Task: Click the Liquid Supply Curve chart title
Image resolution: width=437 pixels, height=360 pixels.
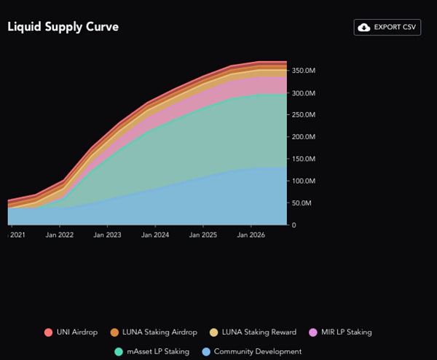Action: (x=63, y=27)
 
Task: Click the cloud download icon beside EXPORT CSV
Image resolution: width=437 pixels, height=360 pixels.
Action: (x=363, y=27)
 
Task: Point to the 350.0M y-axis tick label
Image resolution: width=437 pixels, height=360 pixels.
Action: (x=304, y=71)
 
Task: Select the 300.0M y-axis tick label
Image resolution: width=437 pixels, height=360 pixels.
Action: (x=304, y=93)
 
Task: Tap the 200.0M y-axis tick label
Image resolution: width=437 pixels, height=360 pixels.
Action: (x=304, y=137)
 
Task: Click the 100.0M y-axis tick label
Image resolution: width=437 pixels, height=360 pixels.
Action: (x=304, y=181)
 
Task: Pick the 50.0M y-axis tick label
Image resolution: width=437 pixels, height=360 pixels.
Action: (x=303, y=203)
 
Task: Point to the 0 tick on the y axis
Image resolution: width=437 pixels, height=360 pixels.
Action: (x=294, y=224)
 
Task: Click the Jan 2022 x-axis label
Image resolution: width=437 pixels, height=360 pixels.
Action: (x=60, y=235)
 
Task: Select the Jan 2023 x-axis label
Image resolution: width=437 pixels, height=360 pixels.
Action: (x=108, y=235)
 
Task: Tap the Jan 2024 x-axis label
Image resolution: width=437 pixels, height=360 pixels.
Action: (x=155, y=235)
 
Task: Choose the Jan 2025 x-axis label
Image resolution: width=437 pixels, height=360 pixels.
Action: (x=203, y=235)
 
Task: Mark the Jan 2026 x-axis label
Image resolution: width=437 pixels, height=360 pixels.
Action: (x=251, y=235)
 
